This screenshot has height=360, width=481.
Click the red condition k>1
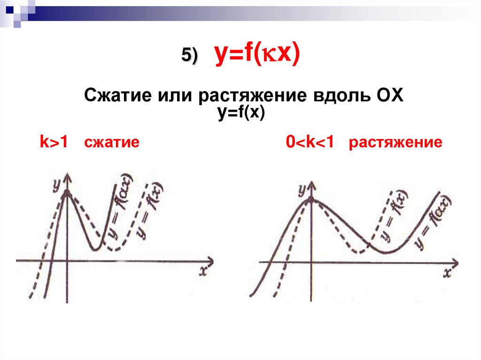[54, 142]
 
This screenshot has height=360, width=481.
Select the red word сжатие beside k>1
[111, 142]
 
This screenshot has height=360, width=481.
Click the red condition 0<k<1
[310, 142]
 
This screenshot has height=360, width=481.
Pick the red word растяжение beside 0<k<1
[395, 142]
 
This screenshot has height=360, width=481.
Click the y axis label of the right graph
[302, 189]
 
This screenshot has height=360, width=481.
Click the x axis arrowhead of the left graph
[210, 260]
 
